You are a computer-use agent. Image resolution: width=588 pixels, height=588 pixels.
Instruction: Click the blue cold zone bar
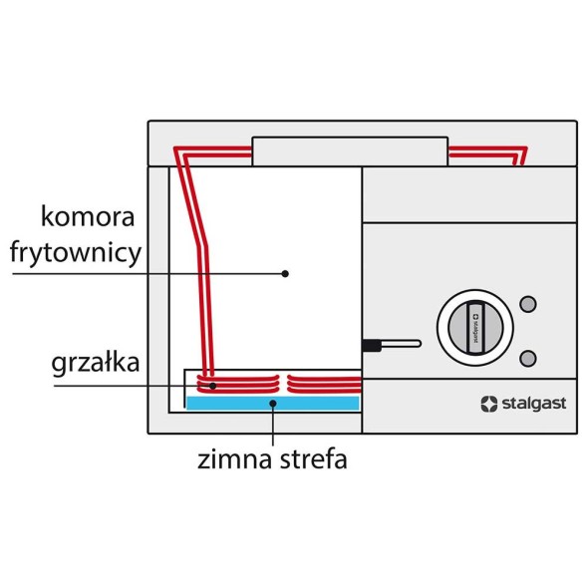pyautogui.click(x=272, y=402)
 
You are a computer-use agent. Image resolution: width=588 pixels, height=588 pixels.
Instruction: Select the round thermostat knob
pyautogui.click(x=474, y=325)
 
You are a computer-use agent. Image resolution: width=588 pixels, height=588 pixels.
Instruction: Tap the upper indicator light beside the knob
pyautogui.click(x=529, y=303)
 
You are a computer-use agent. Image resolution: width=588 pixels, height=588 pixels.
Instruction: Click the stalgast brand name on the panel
pyautogui.click(x=537, y=404)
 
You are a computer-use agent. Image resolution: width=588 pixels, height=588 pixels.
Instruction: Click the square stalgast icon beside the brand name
pyautogui.click(x=488, y=404)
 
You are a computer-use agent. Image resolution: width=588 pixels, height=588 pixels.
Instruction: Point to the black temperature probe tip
pyautogui.click(x=371, y=345)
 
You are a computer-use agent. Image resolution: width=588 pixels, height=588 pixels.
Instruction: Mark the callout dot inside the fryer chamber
pyautogui.click(x=285, y=272)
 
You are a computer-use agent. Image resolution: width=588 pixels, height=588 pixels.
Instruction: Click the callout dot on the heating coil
pyautogui.click(x=211, y=385)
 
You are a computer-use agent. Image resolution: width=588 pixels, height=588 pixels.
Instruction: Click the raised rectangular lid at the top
pyautogui.click(x=349, y=151)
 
